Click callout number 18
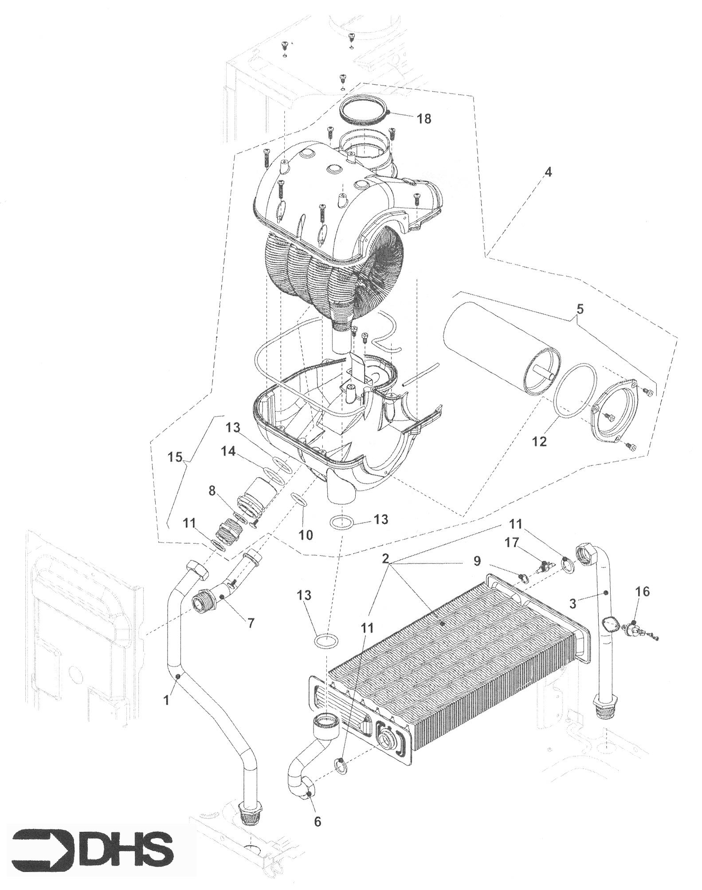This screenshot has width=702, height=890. point(424,119)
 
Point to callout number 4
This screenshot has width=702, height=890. point(548,172)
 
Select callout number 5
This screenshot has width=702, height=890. point(580,309)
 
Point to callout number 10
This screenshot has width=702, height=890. point(306,535)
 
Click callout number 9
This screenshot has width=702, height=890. point(477,561)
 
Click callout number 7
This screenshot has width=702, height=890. point(251,623)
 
